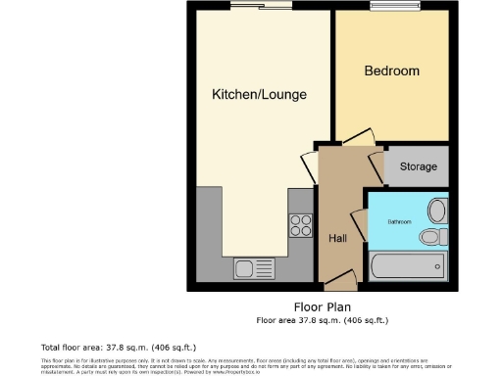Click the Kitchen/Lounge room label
coord(260,95)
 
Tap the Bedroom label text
coord(391,71)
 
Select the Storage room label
coord(418,167)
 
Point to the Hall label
coord(336,237)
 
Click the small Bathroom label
coord(399,222)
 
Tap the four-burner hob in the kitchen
coord(300,226)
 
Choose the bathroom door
coord(357,223)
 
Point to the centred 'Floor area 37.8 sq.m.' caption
coord(323,319)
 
